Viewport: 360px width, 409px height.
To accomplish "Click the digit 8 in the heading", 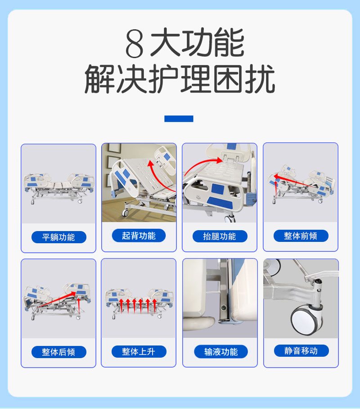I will pos(134,44).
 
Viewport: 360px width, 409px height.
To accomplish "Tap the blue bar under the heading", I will pos(179,119).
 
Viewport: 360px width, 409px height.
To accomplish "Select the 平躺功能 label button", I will pos(58,237).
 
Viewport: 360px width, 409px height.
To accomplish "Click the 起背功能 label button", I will pos(139,236).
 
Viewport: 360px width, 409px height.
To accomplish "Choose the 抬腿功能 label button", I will pos(220,236).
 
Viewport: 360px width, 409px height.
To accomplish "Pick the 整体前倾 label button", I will pos(301,236).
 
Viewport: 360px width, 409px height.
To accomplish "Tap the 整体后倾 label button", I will pos(58,352).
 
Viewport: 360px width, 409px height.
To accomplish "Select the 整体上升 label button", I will pos(139,351).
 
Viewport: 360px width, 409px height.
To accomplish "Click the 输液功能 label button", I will pos(220,352).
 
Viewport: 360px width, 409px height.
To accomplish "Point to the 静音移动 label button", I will pos(301,350).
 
